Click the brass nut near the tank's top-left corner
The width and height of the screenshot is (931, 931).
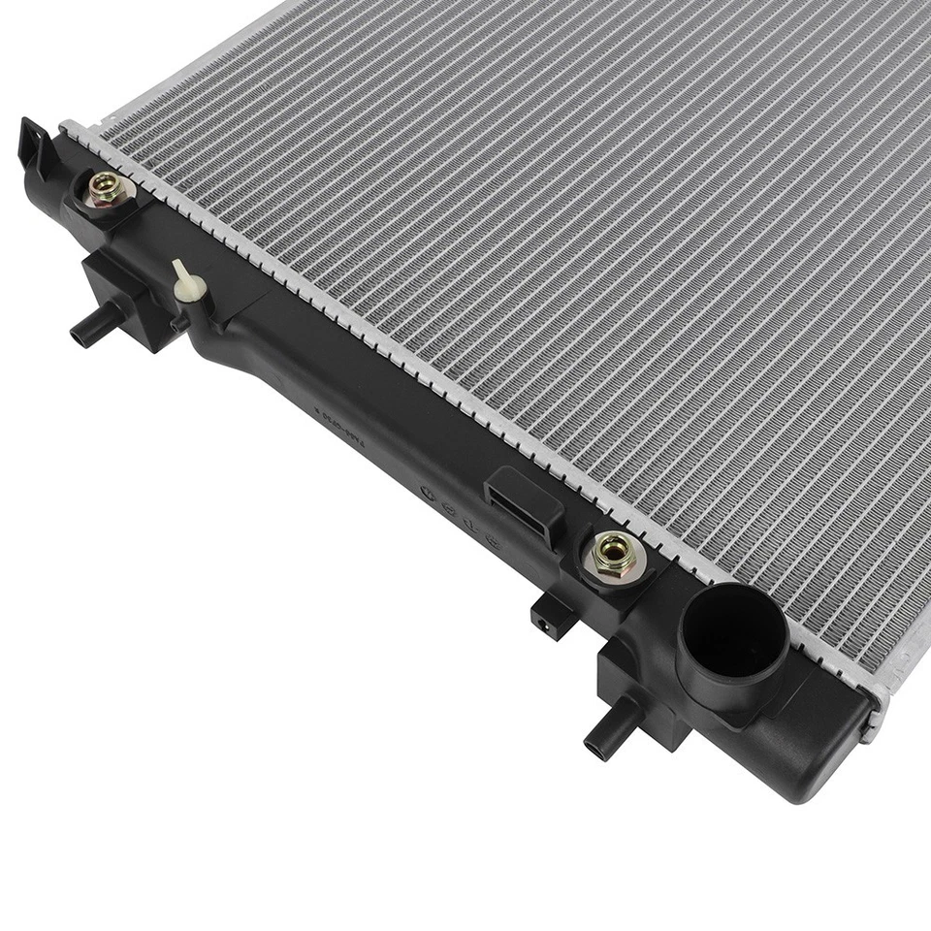(105, 188)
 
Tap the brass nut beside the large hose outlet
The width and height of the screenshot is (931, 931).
(613, 554)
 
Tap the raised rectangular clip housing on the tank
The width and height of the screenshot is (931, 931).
(525, 500)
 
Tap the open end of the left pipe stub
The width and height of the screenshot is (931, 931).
(78, 338)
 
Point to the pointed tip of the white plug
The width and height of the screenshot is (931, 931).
(177, 264)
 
